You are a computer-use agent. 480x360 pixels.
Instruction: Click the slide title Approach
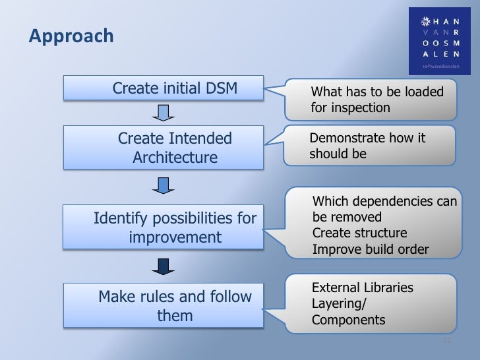tap(71, 36)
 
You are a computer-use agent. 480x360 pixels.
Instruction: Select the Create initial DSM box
tap(163, 88)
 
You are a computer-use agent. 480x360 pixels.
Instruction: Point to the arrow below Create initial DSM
tap(163, 114)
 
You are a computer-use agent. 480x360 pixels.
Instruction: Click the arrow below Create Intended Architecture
tap(163, 185)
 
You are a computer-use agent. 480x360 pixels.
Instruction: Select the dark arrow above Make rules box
tap(163, 266)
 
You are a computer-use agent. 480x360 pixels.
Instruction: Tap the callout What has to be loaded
tap(373, 100)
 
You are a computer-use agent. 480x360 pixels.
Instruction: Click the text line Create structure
tap(359, 233)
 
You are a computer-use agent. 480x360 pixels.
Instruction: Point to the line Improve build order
tap(370, 249)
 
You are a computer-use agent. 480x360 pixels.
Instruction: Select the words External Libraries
tap(362, 288)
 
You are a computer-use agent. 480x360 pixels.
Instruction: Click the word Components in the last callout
tap(348, 320)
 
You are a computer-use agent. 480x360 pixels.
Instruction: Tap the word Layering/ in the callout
tap(339, 304)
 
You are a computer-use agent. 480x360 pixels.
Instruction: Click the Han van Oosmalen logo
tap(440, 40)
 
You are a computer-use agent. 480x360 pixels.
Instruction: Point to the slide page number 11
tap(446, 340)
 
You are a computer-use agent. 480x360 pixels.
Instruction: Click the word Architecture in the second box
tap(175, 158)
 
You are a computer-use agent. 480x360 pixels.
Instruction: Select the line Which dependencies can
tap(384, 202)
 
